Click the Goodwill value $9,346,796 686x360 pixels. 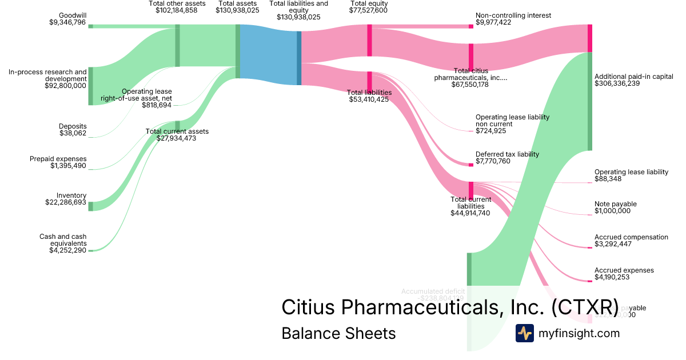[68, 22]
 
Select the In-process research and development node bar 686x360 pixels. [90, 86]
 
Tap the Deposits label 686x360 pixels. [73, 126]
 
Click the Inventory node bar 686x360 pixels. [90, 206]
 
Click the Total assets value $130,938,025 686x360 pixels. [237, 10]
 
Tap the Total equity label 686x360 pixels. [369, 3]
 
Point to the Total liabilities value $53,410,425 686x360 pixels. [369, 99]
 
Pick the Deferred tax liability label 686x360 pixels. [507, 154]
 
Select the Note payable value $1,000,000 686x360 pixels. [612, 211]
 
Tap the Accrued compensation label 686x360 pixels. [631, 237]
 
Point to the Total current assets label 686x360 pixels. [177, 131]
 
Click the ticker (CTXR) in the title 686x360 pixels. [585, 307]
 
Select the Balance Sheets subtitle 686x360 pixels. [338, 333]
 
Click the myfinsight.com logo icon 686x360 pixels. [525, 333]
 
